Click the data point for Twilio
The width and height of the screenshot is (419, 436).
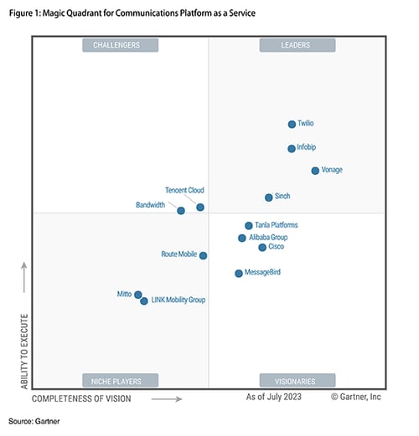(x=292, y=124)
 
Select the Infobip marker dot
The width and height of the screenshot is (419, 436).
(x=291, y=148)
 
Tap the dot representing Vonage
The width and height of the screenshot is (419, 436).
(x=315, y=171)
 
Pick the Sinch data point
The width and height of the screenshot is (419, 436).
(x=268, y=197)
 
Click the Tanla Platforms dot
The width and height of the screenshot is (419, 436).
(x=248, y=226)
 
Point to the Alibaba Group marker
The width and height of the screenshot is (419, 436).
(x=241, y=239)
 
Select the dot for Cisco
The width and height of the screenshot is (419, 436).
(x=261, y=248)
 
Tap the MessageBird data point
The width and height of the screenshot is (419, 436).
(x=238, y=274)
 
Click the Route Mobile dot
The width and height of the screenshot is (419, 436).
(x=203, y=255)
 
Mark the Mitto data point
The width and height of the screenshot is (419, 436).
(x=137, y=295)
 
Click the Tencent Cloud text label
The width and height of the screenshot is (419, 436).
(x=184, y=191)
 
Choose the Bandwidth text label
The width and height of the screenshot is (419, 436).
(x=150, y=205)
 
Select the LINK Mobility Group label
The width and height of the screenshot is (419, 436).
(x=178, y=300)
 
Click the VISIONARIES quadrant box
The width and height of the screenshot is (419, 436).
(x=297, y=381)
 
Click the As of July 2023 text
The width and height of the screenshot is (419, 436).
(x=274, y=397)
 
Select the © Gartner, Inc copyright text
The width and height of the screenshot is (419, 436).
(x=356, y=397)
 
